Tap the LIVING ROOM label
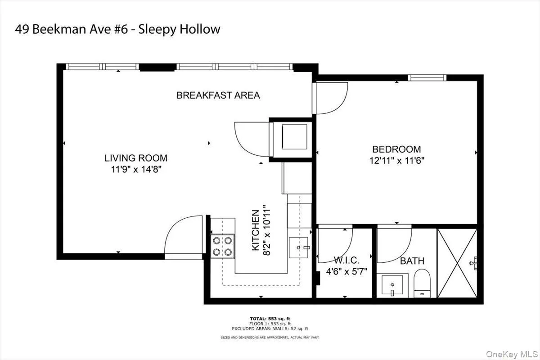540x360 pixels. (x=136, y=158)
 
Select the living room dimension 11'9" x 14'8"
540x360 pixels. (x=136, y=169)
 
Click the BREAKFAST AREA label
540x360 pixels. (x=218, y=95)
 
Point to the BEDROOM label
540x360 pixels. (x=396, y=149)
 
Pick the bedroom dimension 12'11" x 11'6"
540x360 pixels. (x=396, y=160)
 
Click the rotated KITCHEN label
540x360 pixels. (x=255, y=230)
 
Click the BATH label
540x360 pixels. (x=412, y=261)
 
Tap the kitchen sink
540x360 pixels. (x=299, y=247)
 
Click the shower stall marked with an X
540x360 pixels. (x=457, y=263)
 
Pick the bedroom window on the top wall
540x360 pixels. (x=427, y=78)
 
